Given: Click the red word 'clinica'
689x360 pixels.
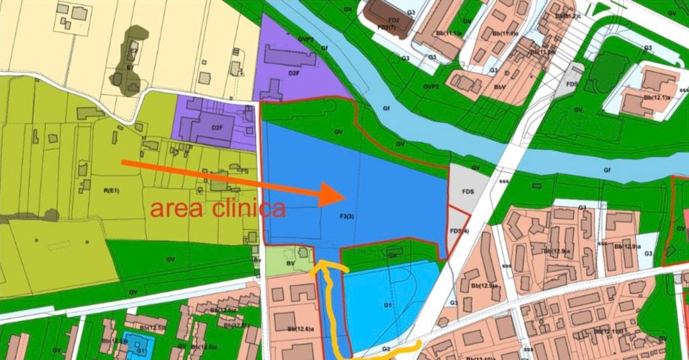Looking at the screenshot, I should point(247,208).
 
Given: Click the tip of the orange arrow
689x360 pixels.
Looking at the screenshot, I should point(345,195).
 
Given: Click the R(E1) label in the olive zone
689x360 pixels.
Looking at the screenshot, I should point(111,191).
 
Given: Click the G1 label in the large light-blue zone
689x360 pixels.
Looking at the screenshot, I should point(388,305).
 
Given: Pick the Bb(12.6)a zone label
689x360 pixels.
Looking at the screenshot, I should point(301,329).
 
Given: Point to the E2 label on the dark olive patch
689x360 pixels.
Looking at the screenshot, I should point(133,50).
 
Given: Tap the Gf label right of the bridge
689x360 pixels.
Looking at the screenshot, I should point(607,171).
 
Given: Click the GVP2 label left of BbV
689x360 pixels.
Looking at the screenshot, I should point(431,87).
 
